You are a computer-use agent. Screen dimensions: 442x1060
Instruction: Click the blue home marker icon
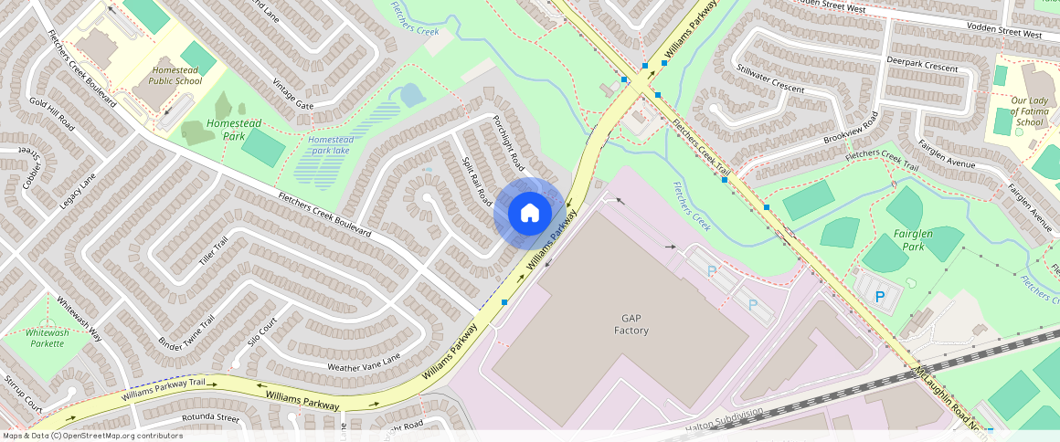click(529, 214)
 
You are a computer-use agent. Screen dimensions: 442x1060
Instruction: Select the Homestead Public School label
click(176, 76)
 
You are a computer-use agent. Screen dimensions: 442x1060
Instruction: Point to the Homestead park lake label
click(330, 145)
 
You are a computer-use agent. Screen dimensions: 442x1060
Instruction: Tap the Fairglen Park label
click(912, 240)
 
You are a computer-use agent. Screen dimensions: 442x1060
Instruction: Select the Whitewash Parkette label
click(48, 339)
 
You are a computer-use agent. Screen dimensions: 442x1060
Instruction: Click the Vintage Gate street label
click(292, 94)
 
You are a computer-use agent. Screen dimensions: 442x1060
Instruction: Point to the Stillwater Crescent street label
click(769, 79)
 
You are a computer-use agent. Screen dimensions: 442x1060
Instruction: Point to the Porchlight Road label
click(507, 142)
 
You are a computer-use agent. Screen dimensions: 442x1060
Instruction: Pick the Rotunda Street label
click(210, 417)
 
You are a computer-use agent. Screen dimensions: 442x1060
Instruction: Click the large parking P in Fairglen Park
click(880, 297)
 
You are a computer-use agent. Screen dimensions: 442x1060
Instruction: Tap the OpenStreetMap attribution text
click(92, 436)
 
